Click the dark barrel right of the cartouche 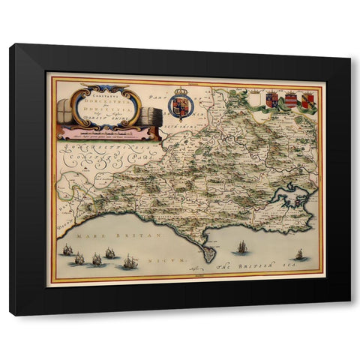coord(150,118)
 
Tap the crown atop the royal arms coord(179,88)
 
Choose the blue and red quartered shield coord(272,98)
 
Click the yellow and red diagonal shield coord(307,99)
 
